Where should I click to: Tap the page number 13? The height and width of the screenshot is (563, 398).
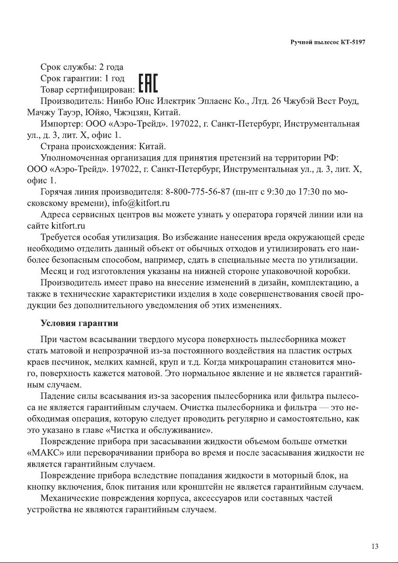click(x=375, y=546)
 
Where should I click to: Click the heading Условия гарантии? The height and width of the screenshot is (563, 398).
click(x=79, y=324)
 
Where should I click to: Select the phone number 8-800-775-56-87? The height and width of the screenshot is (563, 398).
click(x=198, y=193)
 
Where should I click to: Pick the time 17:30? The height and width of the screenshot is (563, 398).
click(x=326, y=193)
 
